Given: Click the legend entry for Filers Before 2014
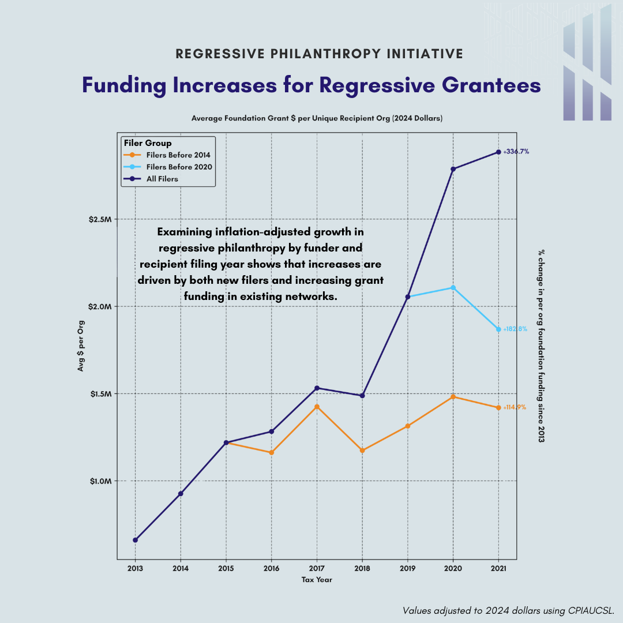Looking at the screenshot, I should pos(178,155).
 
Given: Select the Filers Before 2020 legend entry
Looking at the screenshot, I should pos(179,167).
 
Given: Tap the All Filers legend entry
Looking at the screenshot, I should pos(162,179).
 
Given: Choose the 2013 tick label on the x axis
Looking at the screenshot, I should pos(135,568).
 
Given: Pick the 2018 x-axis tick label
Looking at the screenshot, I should pos(362,568).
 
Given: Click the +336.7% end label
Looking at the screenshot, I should pos(516,152).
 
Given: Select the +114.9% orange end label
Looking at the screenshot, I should pos(515,407).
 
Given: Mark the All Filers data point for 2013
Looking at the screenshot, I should pos(135,540).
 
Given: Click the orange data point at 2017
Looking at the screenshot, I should pos(317,407).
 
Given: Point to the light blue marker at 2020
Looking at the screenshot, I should pos(453,287).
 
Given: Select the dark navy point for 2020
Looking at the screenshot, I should pos(453,169).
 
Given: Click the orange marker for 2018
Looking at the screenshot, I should pos(362,450).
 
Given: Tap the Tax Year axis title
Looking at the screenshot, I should pos(317,580).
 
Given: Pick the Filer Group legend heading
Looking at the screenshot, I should pos(148,143).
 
